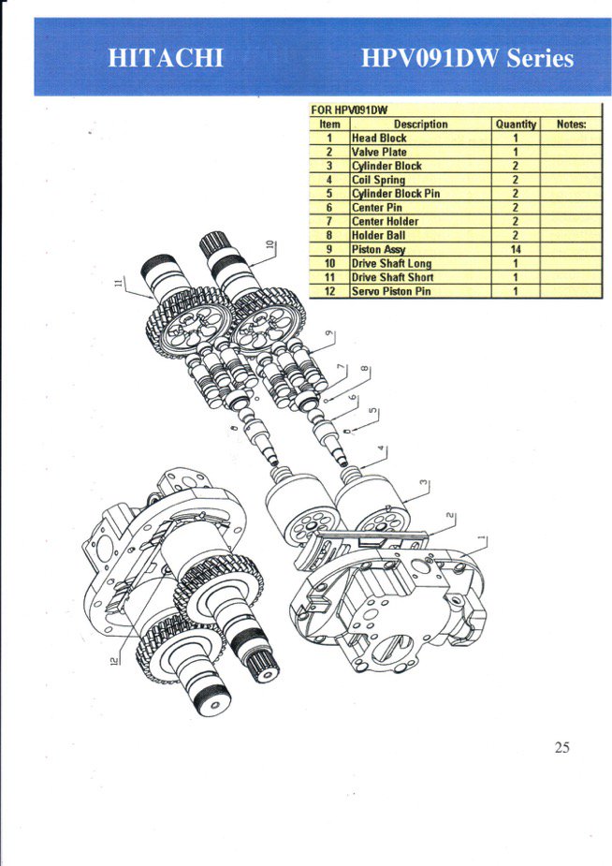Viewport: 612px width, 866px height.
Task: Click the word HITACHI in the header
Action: (166, 58)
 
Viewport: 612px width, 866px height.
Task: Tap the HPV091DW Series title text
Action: (467, 58)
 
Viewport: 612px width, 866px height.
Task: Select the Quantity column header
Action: (516, 125)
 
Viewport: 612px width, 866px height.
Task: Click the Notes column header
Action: (571, 125)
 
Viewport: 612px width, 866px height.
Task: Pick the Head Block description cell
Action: (379, 138)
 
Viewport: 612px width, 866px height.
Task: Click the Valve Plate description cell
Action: (379, 152)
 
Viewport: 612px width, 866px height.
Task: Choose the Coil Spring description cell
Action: (379, 180)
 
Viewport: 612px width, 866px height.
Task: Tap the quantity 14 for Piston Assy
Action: (516, 249)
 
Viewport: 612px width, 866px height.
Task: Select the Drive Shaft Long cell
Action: (392, 263)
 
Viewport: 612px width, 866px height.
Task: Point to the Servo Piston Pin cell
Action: (391, 291)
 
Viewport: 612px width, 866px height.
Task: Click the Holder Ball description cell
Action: (379, 235)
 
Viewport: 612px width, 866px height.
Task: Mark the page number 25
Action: (561, 747)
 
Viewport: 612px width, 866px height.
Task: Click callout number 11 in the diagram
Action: (118, 283)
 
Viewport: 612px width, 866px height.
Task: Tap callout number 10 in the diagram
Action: (270, 245)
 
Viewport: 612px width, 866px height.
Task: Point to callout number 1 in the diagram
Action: (482, 537)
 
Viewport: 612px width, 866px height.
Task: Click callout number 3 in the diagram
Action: (424, 483)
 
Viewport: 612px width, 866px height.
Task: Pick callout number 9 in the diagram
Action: (329, 333)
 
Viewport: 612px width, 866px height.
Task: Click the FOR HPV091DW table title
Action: (349, 110)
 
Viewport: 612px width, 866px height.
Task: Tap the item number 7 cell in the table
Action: (329, 222)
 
